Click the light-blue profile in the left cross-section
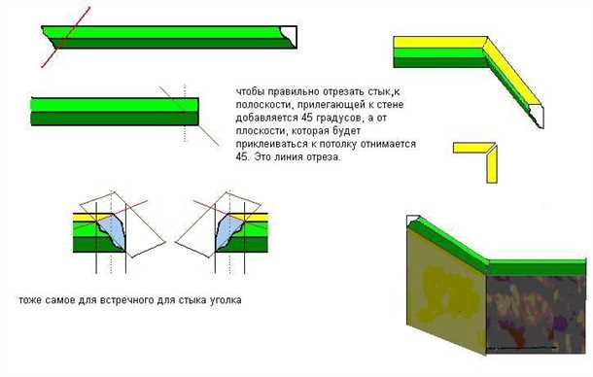point(113,234)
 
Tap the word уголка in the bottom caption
point(226,300)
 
